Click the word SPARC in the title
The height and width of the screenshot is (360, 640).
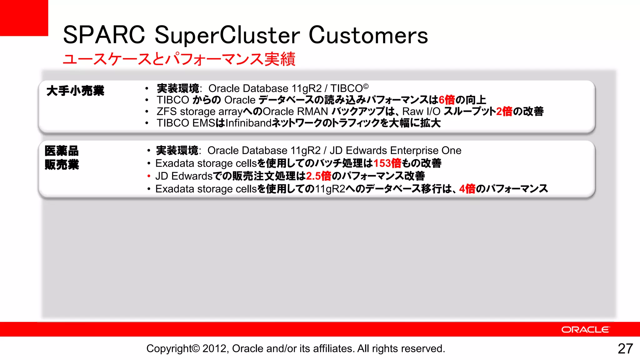(x=104, y=35)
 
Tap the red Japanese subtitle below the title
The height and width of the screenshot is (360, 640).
(x=179, y=59)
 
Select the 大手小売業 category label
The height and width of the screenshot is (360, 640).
(x=75, y=91)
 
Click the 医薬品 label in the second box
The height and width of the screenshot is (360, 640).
(x=62, y=151)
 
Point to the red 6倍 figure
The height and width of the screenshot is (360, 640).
(x=447, y=100)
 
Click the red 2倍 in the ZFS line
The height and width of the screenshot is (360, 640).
(x=504, y=112)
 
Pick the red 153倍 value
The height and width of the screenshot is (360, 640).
(x=387, y=163)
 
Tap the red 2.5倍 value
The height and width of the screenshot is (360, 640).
(x=318, y=176)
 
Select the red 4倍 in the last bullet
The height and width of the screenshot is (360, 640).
(x=467, y=189)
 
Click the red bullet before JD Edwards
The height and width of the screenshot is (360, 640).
(x=149, y=176)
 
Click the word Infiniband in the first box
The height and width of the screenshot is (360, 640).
(x=248, y=123)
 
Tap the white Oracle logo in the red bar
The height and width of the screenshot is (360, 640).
(x=585, y=330)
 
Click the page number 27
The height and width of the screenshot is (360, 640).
(x=625, y=349)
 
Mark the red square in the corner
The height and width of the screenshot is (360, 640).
(x=24, y=18)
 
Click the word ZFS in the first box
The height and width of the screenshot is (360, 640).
(x=167, y=112)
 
